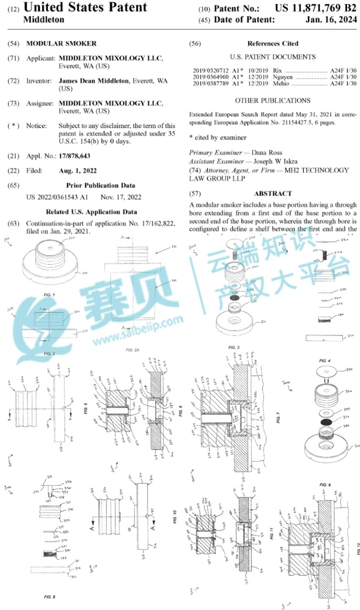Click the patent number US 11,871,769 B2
(x=316, y=8)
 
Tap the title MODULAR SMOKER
(x=61, y=44)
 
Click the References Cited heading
(x=273, y=44)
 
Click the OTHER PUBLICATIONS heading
(x=273, y=100)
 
